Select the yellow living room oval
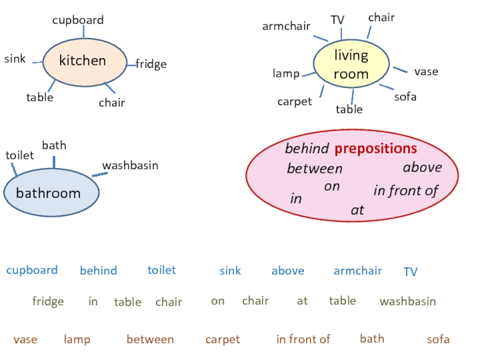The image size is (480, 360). tap(351, 65)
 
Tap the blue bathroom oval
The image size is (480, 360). tap(50, 193)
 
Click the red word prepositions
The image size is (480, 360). tap(376, 148)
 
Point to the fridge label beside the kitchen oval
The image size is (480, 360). tap(151, 64)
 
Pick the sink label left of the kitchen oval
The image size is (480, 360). tap(15, 59)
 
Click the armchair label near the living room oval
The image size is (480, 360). tap(286, 26)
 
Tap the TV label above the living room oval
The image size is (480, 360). tap(338, 20)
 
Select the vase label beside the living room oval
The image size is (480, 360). tap(426, 71)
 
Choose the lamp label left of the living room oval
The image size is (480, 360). tap(286, 74)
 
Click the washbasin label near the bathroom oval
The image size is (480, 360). tap(130, 165)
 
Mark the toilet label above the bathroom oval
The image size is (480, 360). tap(20, 155)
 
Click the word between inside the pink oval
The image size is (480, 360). tap(314, 169)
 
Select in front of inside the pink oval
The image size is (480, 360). tap(406, 191)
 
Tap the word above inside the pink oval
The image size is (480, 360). tap(422, 167)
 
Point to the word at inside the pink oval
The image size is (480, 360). tap(358, 211)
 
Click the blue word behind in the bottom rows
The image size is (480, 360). tap(98, 271)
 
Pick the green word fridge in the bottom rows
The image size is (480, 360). tap(48, 301)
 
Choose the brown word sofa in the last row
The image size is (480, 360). tap(438, 340)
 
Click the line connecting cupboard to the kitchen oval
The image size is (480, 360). tap(83, 32)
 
